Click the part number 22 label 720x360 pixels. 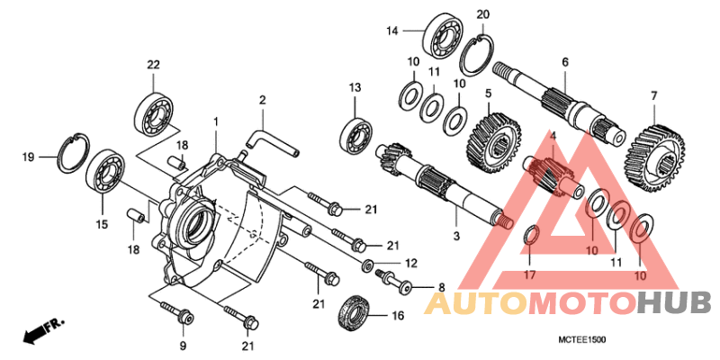point(153,64)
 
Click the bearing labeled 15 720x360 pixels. point(105,172)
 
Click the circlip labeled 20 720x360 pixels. point(479,56)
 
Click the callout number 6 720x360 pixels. point(565,62)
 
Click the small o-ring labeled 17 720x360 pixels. point(531,236)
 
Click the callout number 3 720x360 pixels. point(456,236)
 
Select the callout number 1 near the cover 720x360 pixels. point(216,121)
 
